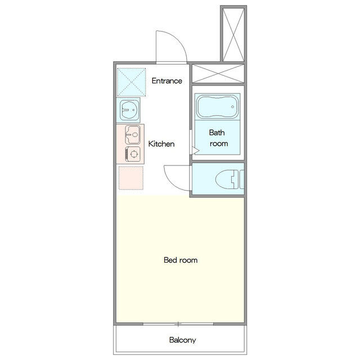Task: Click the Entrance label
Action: [x=167, y=81]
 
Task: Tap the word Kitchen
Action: [x=161, y=144]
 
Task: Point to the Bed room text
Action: [x=181, y=260]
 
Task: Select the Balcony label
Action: [x=182, y=340]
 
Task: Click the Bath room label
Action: [x=218, y=138]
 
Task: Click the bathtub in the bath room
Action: [x=217, y=107]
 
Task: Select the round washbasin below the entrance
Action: [x=129, y=110]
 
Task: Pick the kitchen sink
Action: [x=133, y=135]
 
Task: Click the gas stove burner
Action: [x=133, y=154]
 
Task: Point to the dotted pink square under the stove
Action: [x=131, y=178]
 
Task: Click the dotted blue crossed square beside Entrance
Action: [x=131, y=82]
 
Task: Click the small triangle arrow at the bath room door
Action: [x=196, y=151]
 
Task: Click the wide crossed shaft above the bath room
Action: [x=218, y=74]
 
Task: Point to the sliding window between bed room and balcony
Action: [x=178, y=324]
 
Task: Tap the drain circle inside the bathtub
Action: [x=232, y=107]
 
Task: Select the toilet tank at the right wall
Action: [x=241, y=179]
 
